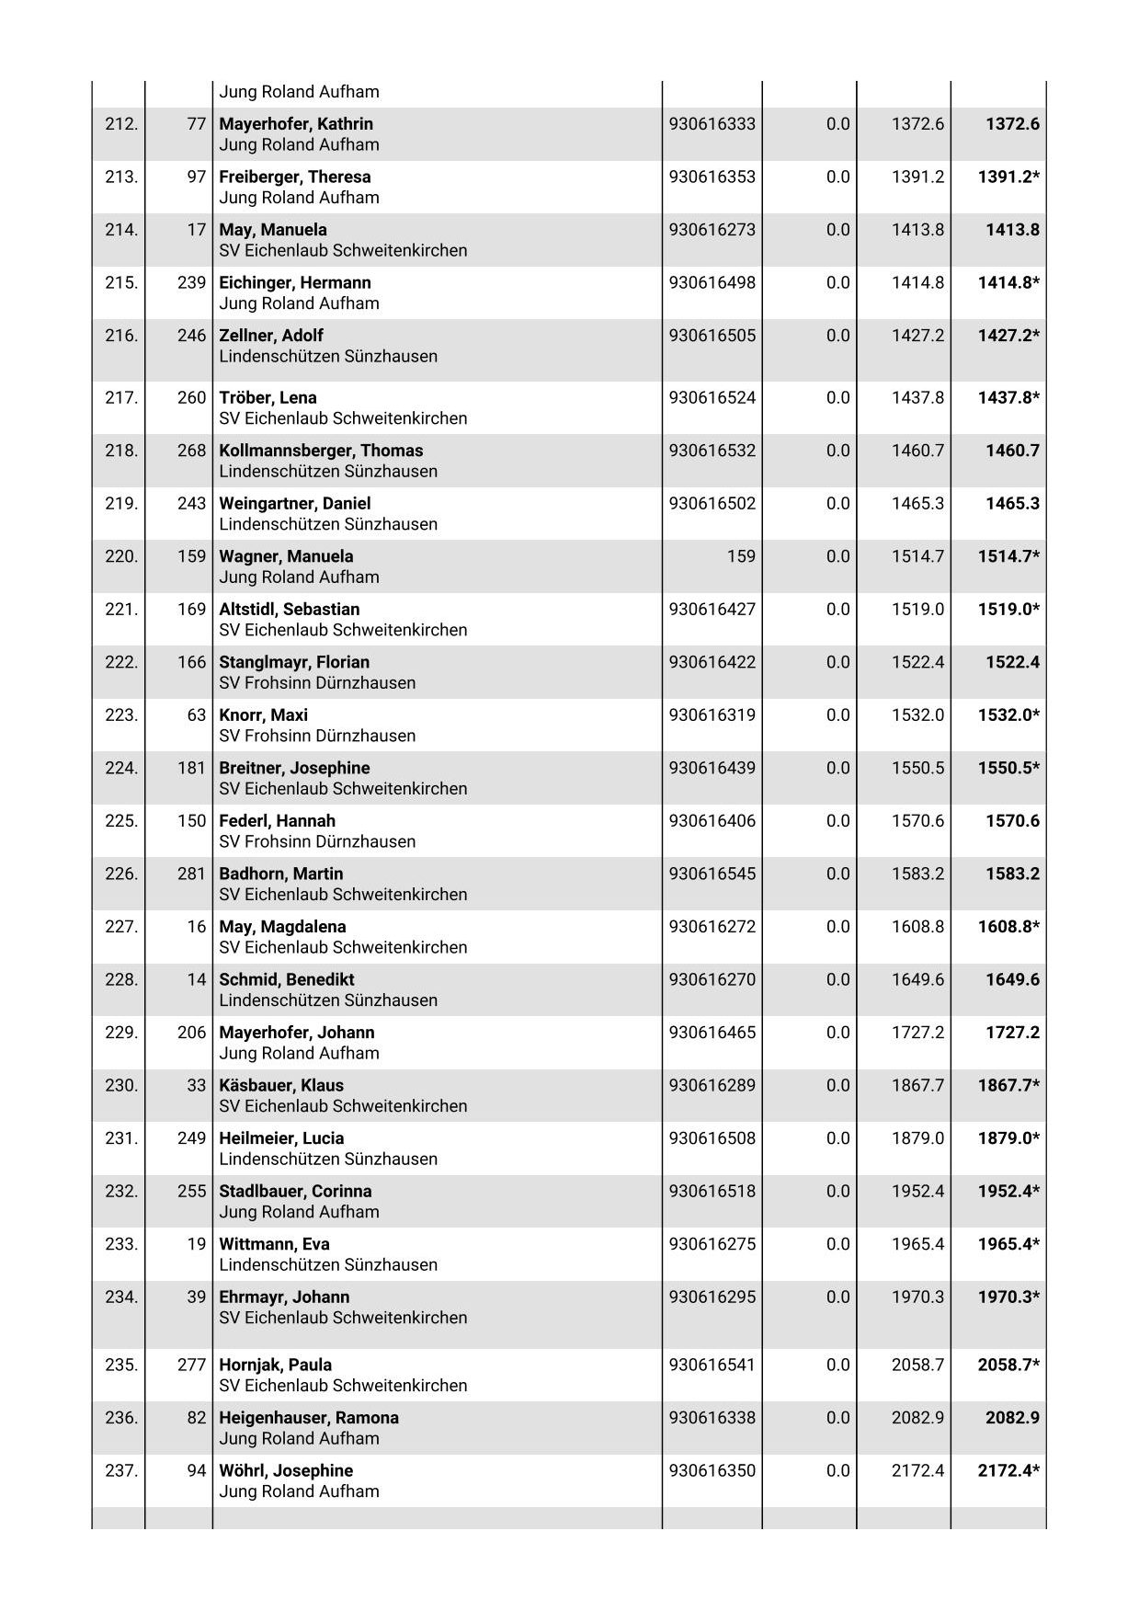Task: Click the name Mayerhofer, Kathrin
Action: (x=295, y=124)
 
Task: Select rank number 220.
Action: (x=120, y=556)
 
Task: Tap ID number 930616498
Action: (x=712, y=282)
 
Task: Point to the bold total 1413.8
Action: (x=1011, y=230)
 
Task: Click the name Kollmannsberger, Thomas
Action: (x=321, y=451)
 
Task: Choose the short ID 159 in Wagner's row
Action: (x=740, y=556)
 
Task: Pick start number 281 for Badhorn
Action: (x=191, y=874)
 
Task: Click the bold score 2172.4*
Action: (x=1008, y=1470)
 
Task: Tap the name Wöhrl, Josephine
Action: (x=286, y=1470)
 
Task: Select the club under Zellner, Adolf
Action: (x=327, y=357)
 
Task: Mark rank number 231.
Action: (x=120, y=1138)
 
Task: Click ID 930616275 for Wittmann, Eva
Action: (x=712, y=1244)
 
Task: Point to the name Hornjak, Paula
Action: (x=275, y=1365)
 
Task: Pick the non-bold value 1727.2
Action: (x=917, y=1033)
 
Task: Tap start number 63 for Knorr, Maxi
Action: (x=196, y=715)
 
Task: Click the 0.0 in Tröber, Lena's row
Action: (x=837, y=398)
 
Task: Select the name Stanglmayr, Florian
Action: (x=293, y=662)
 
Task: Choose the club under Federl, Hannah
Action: (x=316, y=842)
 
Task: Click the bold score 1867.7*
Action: (x=1008, y=1085)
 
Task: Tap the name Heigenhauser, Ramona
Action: (x=308, y=1418)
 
